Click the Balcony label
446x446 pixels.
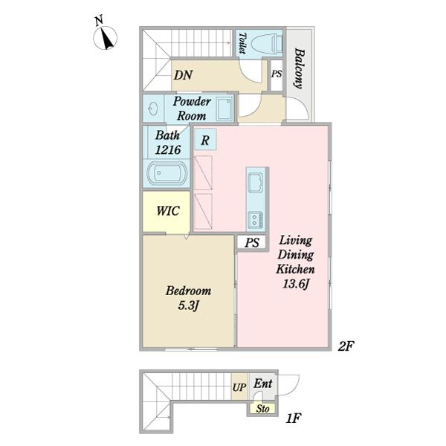point(300,68)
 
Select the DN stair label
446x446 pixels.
point(183,75)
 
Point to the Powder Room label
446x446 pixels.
point(192,109)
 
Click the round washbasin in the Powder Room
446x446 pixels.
point(153,109)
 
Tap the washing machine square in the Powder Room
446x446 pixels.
point(224,109)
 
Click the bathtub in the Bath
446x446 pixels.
point(167,173)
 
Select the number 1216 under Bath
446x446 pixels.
point(168,150)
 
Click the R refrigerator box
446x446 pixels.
point(205,140)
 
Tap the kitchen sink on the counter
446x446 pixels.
point(256,182)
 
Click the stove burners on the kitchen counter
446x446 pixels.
point(255,220)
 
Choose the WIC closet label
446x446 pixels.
point(168,211)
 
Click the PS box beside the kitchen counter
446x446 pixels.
point(252,242)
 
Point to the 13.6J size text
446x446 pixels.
point(296,284)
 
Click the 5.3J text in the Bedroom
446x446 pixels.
point(188,306)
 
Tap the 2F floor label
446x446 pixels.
point(346,346)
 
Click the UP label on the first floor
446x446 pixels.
point(239,387)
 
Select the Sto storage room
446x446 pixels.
point(262,408)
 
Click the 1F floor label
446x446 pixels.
point(294,418)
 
